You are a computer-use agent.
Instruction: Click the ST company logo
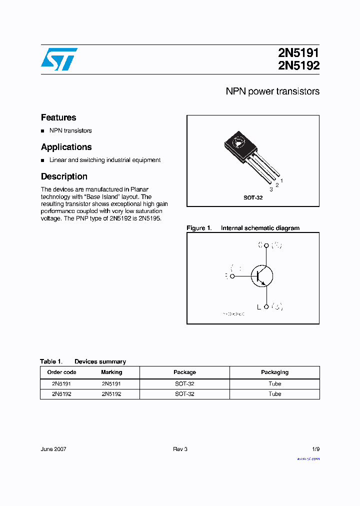59,59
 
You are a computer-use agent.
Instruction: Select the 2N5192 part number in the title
298,65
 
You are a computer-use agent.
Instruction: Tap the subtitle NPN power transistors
272,91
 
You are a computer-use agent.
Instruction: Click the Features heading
58,117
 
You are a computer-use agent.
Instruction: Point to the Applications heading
66,147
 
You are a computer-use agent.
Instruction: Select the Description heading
64,176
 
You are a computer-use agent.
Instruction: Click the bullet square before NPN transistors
43,131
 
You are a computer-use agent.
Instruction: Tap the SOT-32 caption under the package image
253,198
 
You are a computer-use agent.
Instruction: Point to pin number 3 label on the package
271,189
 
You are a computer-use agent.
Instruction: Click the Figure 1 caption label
199,228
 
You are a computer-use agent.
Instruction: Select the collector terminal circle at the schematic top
266,245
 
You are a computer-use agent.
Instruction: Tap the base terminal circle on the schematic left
232,275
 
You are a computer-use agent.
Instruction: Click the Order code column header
61,372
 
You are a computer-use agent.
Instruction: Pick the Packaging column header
274,372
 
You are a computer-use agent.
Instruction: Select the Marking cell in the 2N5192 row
111,394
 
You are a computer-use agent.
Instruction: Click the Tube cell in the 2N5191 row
274,384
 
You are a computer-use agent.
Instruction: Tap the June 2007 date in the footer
53,449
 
